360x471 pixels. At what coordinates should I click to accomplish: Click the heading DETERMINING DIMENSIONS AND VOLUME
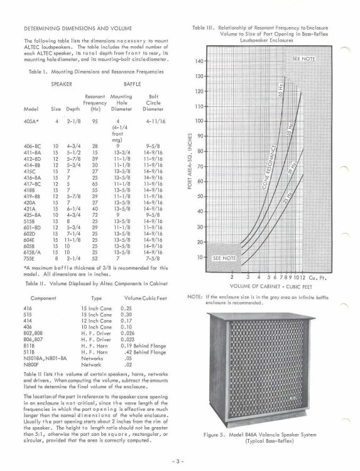73,29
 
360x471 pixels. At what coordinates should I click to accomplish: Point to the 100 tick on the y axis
200,121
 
